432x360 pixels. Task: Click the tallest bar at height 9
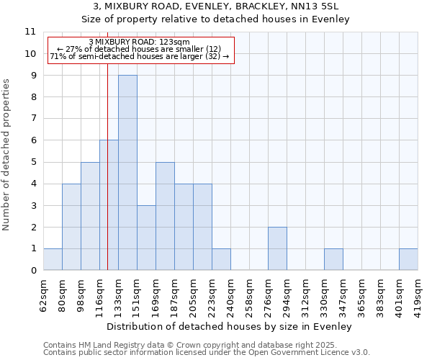127,173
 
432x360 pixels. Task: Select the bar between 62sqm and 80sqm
53,259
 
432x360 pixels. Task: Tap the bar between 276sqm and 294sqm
277,248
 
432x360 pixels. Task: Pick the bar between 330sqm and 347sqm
333,259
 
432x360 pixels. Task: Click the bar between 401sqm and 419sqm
408,259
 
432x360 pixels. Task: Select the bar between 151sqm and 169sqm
146,238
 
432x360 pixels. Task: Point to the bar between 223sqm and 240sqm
221,259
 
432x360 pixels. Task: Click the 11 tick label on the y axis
30,32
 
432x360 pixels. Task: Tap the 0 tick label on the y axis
32,271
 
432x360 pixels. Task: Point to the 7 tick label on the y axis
32,119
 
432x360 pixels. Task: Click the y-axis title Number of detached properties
6,155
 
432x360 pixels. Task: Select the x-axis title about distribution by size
230,326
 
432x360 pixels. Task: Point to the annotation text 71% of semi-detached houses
139,56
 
